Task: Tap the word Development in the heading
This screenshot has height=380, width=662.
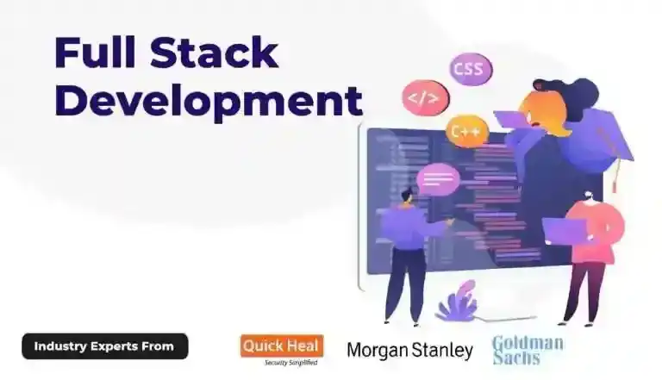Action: point(208,101)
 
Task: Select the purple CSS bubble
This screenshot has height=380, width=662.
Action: point(471,68)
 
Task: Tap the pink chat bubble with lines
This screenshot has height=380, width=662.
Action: point(439,180)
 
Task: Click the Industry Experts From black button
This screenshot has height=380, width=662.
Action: point(104,346)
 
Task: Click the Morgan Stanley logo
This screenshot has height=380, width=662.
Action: point(409,350)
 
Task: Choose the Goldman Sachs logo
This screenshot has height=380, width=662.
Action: point(528,350)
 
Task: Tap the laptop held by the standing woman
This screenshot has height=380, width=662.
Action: point(564,229)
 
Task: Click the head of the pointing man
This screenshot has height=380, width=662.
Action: point(407,196)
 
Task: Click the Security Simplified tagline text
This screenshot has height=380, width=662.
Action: point(290,363)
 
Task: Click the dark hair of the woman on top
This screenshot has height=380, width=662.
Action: point(569,91)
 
